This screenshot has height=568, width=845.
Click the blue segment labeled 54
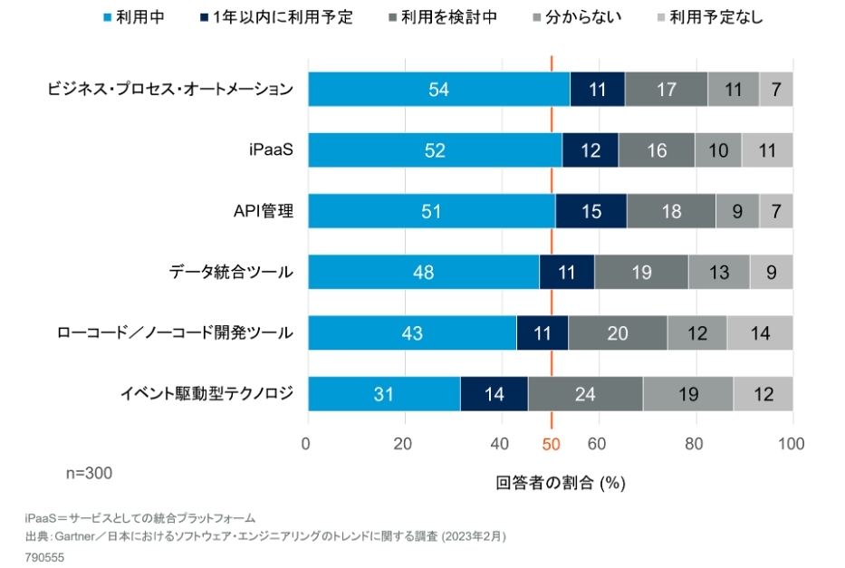438,90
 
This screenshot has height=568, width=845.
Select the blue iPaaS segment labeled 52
435,150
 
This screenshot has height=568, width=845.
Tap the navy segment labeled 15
591,211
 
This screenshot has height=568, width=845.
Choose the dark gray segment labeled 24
585,394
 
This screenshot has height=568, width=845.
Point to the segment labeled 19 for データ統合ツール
641,272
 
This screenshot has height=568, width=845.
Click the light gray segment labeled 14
759,332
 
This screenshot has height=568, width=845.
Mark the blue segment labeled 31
384,394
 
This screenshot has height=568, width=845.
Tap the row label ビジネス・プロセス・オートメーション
170,90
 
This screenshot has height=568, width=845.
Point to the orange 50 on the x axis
552,444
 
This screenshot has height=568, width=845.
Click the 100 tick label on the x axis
792,444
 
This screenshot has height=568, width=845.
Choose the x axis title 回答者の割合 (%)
561,483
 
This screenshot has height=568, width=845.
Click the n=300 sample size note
89,473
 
